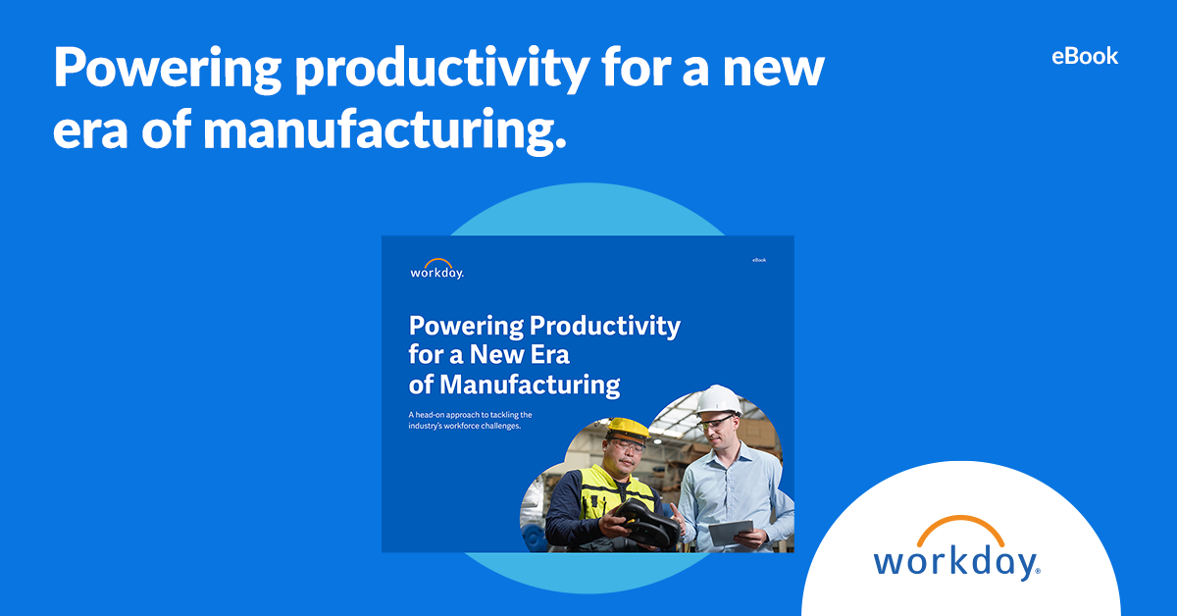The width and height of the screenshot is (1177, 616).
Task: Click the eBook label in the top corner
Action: (x=1084, y=56)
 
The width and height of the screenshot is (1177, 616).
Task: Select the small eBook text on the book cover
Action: (x=759, y=260)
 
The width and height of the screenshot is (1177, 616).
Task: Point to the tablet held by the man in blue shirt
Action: (x=731, y=533)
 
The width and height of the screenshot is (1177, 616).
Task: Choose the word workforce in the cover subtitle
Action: (x=470, y=427)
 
